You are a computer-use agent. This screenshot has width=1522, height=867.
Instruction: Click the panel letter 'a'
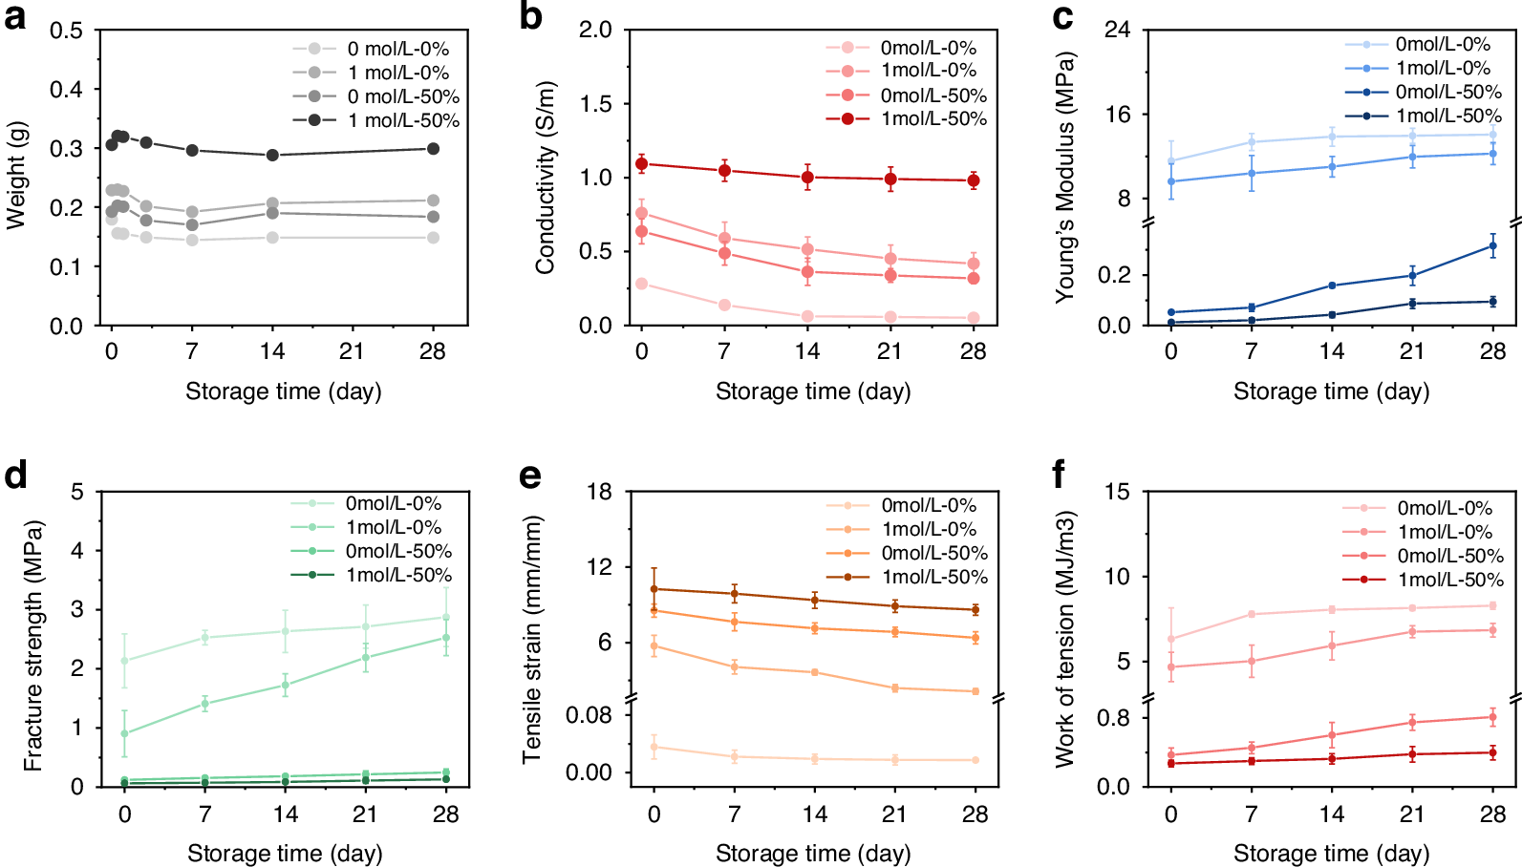14,17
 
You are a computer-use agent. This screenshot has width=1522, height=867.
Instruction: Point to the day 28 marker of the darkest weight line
433,148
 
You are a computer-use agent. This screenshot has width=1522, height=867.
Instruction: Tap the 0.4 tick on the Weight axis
66,90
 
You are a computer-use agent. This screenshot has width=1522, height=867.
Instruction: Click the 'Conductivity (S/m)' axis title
546,179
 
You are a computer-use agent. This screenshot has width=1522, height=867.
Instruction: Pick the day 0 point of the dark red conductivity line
642,164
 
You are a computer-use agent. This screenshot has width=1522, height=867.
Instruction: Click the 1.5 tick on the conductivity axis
594,104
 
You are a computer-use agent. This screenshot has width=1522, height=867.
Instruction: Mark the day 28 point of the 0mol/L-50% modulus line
1492,246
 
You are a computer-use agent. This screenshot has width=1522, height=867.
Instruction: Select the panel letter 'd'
14,475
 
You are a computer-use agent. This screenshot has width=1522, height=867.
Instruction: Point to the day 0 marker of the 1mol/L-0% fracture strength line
124,733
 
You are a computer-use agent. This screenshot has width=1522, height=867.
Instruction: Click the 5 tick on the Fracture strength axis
77,492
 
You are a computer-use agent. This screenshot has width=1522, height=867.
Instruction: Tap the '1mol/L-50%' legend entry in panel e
934,577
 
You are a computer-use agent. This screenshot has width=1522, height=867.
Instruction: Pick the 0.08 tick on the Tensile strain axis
590,715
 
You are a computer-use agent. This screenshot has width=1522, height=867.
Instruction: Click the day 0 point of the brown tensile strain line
654,589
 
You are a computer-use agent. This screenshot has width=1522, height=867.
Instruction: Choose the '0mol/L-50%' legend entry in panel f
1450,556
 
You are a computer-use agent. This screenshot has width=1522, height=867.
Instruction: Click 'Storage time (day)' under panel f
1331,853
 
